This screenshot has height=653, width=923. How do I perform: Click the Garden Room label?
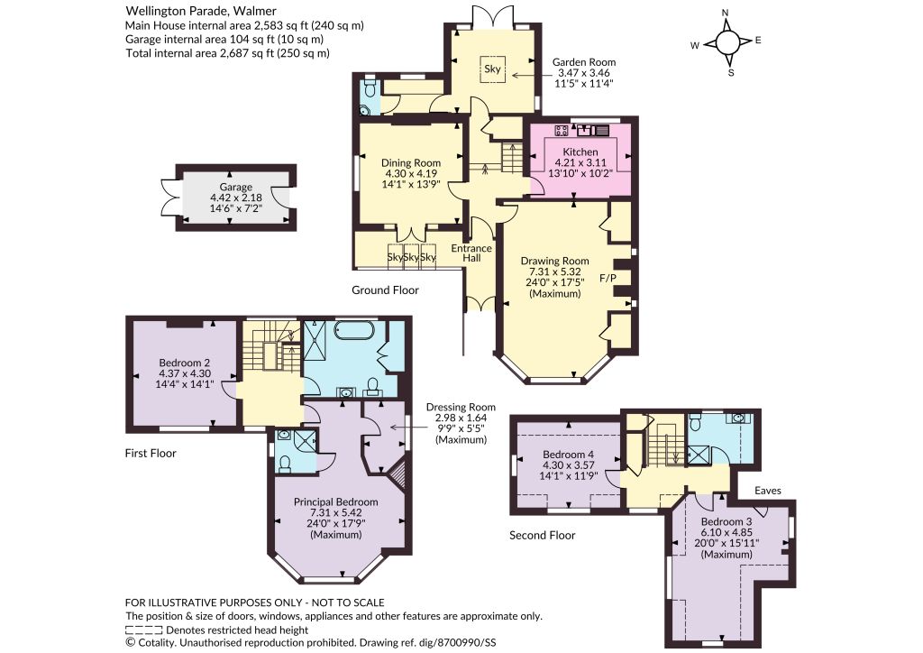[583, 62]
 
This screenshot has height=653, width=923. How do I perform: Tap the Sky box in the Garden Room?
[492, 69]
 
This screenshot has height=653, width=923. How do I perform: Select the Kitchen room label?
[580, 152]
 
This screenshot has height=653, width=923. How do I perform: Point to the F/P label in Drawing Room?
[608, 277]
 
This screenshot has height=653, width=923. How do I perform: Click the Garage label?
[236, 187]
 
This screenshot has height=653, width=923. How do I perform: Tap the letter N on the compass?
[726, 13]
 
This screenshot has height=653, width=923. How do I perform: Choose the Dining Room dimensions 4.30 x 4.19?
[411, 173]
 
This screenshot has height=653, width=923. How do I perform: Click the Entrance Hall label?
[471, 253]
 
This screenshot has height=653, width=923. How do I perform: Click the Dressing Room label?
[461, 407]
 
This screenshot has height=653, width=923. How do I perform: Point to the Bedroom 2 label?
[184, 363]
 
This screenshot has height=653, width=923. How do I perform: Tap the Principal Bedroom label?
[335, 501]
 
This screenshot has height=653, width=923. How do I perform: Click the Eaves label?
[768, 490]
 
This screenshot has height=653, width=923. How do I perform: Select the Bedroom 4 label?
[568, 454]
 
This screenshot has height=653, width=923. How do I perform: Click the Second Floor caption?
[542, 535]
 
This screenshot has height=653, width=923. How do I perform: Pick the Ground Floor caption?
[385, 290]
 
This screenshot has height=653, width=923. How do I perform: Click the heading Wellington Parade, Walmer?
[201, 11]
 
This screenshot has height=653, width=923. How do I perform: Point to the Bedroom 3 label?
[727, 521]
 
